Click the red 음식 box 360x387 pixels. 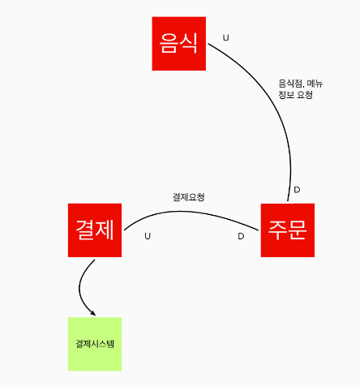tap(179, 44)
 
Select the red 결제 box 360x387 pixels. tap(95, 230)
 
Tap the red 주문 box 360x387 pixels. tap(288, 230)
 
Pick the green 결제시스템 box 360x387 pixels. tap(95, 344)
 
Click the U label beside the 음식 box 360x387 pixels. tap(226, 38)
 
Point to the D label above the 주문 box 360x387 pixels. tap(297, 190)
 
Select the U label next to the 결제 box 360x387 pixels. tap(148, 236)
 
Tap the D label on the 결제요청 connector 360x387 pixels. tap(241, 236)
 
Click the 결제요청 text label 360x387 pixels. tap(189, 197)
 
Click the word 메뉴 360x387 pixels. tap(315, 84)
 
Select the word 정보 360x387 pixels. tap(286, 95)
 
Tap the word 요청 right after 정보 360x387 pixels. tap(305, 95)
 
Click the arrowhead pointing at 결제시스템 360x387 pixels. tap(93, 313)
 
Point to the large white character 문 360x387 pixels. tap(298, 230)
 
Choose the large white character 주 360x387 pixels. tap(278, 230)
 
